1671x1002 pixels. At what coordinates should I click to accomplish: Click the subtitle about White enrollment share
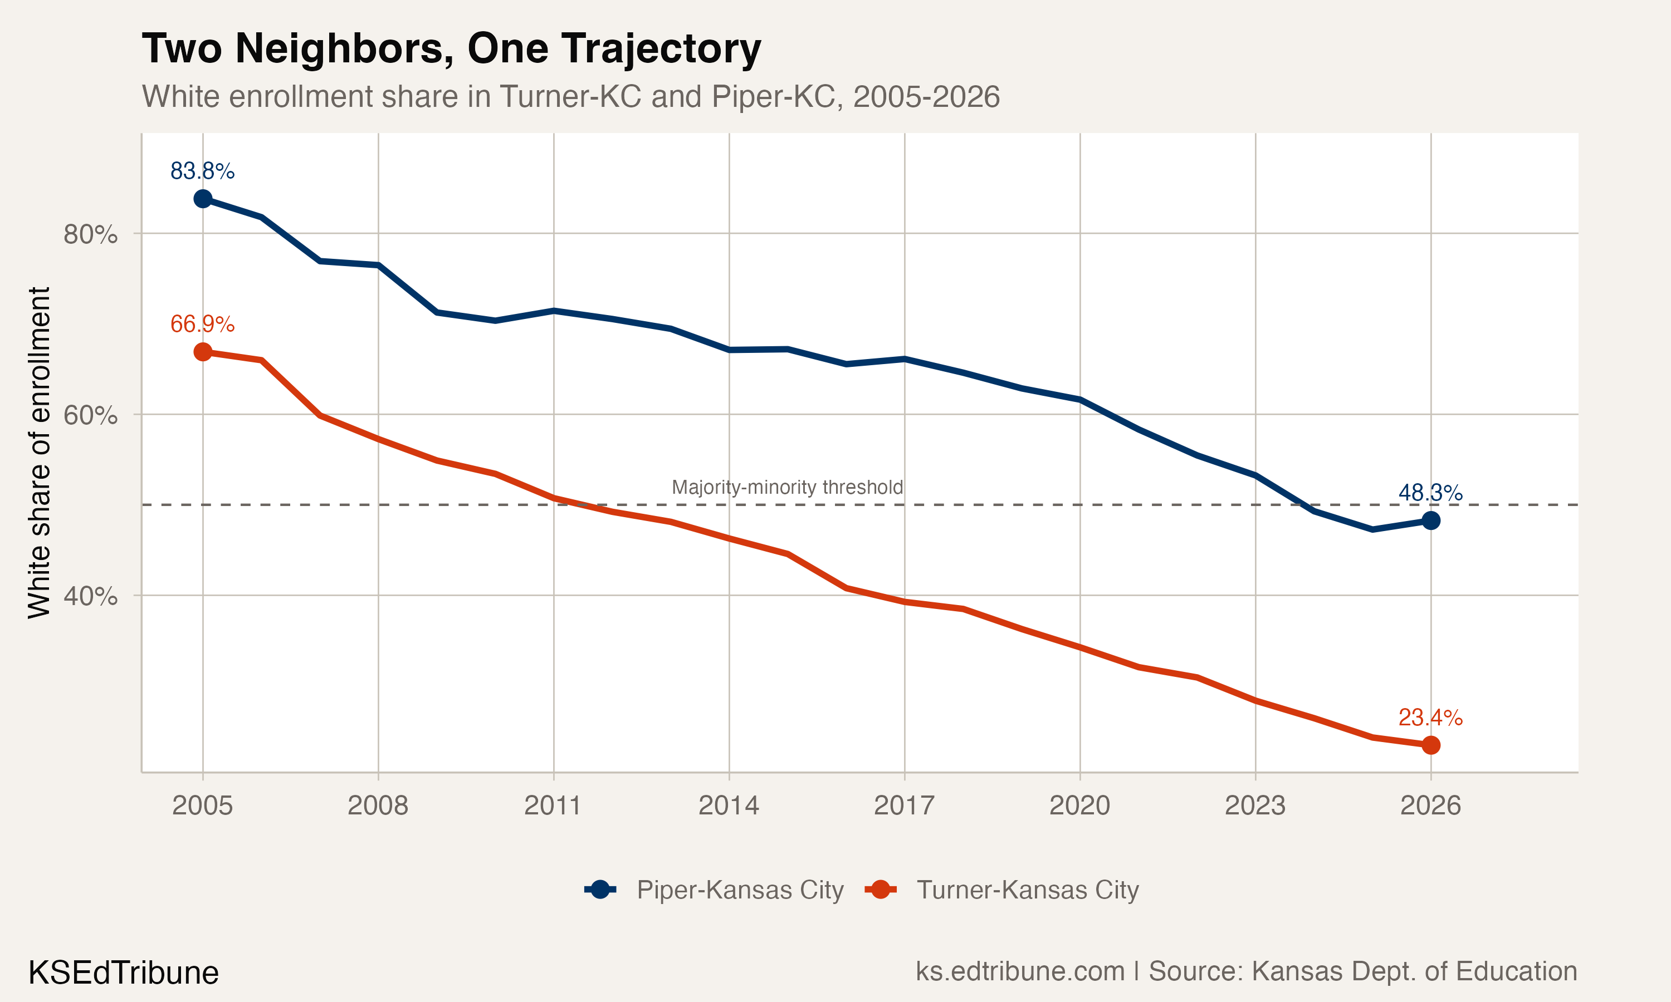click(x=570, y=96)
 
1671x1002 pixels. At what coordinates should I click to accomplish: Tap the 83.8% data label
click(x=202, y=171)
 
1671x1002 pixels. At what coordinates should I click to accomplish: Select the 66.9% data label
click(x=202, y=324)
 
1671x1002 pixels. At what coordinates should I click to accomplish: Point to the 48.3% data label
click(x=1430, y=493)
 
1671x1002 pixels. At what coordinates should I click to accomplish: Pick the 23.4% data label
click(x=1430, y=717)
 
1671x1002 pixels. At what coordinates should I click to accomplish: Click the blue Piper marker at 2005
click(x=203, y=199)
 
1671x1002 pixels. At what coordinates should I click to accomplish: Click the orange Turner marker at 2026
click(x=1430, y=745)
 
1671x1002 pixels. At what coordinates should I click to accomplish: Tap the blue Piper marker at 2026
click(x=1430, y=520)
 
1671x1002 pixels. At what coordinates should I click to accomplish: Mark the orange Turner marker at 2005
click(x=203, y=352)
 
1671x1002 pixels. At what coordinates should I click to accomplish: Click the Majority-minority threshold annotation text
click(x=787, y=487)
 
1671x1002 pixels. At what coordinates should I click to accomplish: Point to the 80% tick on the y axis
click(x=90, y=234)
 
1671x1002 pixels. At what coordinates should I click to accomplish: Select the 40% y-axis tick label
click(x=90, y=596)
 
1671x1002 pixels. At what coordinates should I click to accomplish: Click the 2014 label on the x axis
click(x=728, y=805)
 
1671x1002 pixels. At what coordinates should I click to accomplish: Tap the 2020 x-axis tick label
click(x=1079, y=805)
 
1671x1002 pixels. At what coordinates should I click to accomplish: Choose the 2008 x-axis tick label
click(x=378, y=805)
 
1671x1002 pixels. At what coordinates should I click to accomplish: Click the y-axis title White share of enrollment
click(x=39, y=453)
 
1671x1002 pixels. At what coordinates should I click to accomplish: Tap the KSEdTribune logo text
click(x=123, y=973)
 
